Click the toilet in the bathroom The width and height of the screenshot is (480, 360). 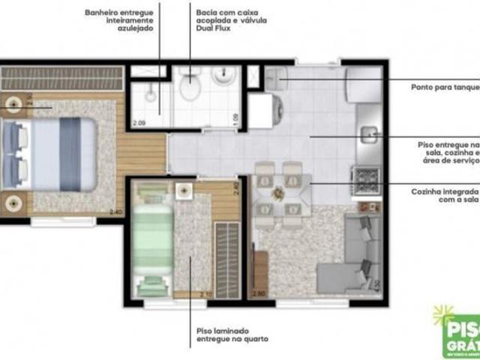tap(190, 88)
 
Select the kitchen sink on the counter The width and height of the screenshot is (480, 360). tap(371, 135)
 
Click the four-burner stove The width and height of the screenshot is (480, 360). tap(367, 178)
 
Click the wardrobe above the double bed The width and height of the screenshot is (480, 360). tap(61, 77)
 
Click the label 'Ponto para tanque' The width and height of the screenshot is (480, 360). tap(444, 87)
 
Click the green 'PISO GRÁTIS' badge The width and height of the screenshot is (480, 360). tap(458, 327)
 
